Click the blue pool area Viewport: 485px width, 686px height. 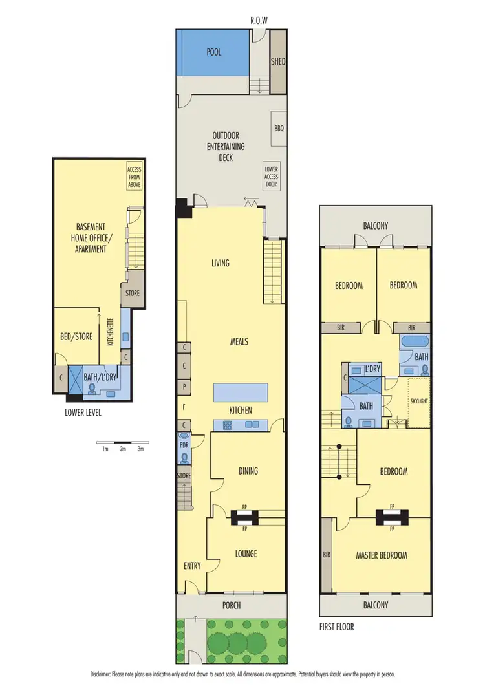[x=213, y=52]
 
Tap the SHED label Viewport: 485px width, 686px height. [x=279, y=62]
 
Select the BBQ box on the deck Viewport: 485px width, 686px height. [x=279, y=128]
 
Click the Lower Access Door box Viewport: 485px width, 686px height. [x=271, y=176]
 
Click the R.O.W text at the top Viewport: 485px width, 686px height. [x=259, y=21]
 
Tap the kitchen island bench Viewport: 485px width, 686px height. [x=241, y=392]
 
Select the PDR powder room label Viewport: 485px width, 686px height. [x=184, y=444]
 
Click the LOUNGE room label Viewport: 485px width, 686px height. [x=246, y=553]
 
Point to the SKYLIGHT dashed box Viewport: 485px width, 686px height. [x=418, y=402]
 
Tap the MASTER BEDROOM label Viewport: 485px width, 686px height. [x=382, y=555]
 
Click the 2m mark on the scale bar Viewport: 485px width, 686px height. [x=122, y=448]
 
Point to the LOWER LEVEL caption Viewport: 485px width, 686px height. [x=82, y=412]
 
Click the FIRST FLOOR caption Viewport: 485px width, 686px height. [x=336, y=627]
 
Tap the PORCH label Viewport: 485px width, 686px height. [x=232, y=605]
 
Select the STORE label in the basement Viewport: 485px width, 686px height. [x=131, y=293]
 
